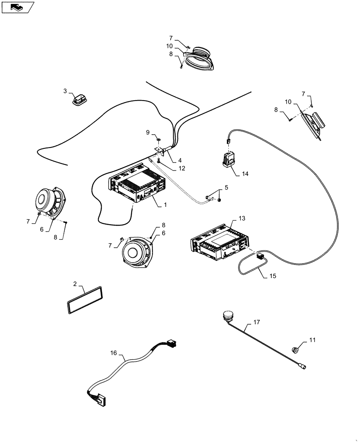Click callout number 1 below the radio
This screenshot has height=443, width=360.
pos(166,206)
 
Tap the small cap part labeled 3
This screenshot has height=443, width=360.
pos(79,100)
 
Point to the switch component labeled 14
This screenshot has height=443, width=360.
pos(230,159)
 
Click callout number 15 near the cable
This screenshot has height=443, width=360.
pos(272,276)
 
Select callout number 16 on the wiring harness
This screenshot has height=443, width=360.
pos(114,353)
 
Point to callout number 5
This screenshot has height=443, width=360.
pos(226,188)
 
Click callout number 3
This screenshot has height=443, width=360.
pos(65,91)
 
